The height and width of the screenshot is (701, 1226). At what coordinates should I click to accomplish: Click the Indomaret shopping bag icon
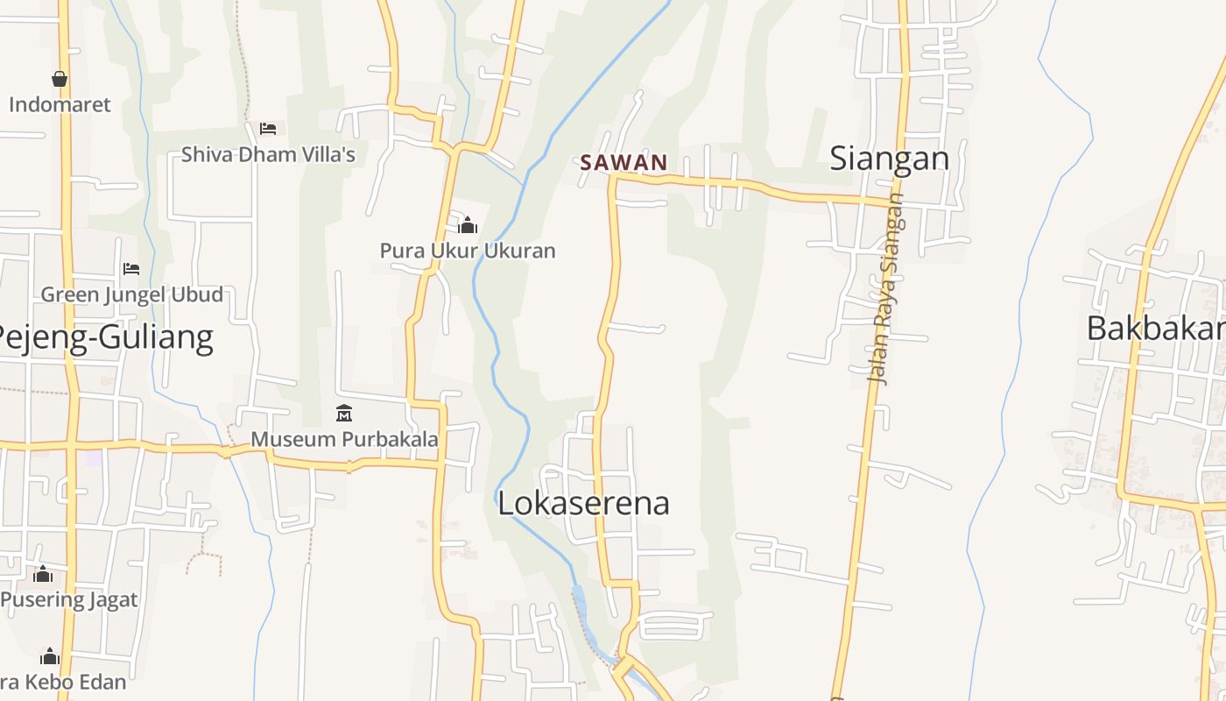click(x=60, y=80)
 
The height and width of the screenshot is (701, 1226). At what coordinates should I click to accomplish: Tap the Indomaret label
click(x=60, y=105)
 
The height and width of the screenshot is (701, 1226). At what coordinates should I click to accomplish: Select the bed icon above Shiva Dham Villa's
click(x=268, y=129)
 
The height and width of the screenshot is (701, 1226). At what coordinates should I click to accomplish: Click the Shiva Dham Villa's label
click(x=268, y=155)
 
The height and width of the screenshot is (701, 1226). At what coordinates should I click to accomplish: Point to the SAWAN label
click(x=624, y=162)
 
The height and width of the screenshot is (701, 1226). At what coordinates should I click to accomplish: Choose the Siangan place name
click(x=889, y=159)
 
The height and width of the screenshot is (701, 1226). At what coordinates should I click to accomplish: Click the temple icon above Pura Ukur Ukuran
click(x=468, y=225)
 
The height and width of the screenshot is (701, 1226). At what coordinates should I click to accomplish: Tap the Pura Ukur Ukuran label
click(x=468, y=251)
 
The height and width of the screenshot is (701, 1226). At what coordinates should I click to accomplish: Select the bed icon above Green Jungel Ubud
click(x=131, y=268)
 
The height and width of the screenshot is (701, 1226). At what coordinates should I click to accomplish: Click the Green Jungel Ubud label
click(x=131, y=294)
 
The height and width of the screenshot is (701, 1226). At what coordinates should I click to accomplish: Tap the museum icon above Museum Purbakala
click(x=344, y=413)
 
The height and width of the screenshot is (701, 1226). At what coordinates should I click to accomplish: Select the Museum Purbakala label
click(x=344, y=439)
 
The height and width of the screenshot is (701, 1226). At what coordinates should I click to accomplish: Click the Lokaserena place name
click(x=583, y=503)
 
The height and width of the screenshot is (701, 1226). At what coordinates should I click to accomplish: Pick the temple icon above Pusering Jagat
click(x=43, y=574)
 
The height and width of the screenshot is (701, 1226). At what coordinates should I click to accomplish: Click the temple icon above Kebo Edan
click(x=50, y=656)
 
